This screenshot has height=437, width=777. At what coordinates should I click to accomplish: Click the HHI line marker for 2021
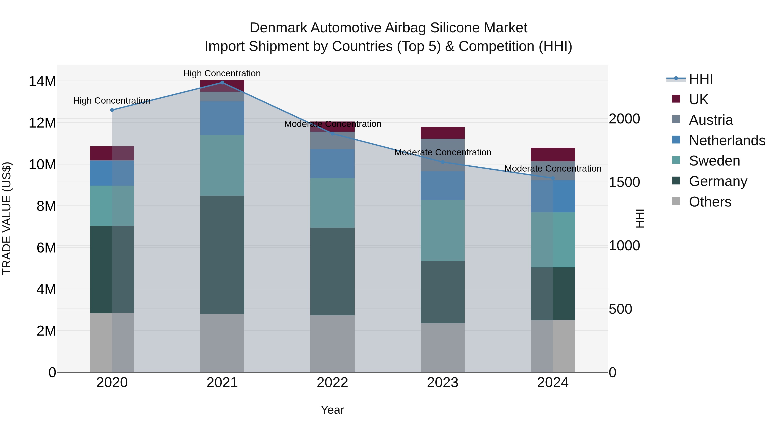point(222,82)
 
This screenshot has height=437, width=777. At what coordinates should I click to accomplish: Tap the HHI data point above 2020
point(112,110)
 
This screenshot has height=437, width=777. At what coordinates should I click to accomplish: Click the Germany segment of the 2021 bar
point(222,255)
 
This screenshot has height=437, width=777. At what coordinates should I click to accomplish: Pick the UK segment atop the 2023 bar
point(442,133)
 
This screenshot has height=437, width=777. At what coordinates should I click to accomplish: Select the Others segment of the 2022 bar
point(332,344)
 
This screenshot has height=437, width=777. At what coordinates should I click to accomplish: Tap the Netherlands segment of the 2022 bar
point(332,163)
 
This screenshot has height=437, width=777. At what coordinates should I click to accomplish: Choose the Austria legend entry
point(711,120)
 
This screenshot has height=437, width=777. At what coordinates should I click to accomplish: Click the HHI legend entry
point(700,79)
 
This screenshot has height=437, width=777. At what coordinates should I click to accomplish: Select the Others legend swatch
point(676,201)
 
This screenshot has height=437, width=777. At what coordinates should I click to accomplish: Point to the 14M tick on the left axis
point(42,81)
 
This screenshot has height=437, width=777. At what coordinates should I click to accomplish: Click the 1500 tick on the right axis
point(624,182)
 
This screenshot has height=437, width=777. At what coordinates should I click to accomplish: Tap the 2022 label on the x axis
point(332,383)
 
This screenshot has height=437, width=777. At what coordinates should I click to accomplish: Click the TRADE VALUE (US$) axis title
point(7,218)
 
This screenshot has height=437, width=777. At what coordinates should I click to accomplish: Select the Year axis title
point(332,410)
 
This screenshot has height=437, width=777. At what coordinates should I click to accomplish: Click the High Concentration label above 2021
point(222,73)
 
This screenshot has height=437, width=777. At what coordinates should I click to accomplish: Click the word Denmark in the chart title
point(278,28)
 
